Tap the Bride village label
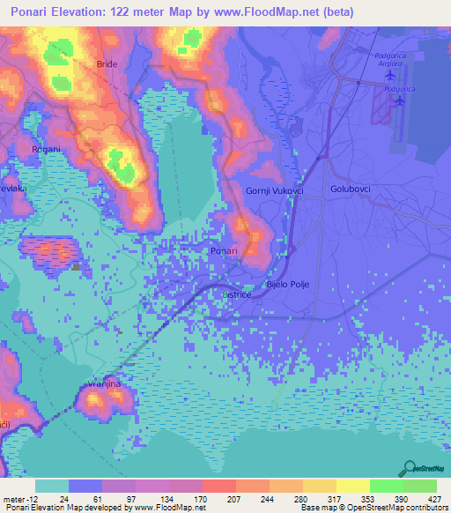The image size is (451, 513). (107, 64)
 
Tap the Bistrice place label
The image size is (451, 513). (237, 294)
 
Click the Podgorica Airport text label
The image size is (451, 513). (390, 61)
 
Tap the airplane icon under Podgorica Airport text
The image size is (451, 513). (390, 74)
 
